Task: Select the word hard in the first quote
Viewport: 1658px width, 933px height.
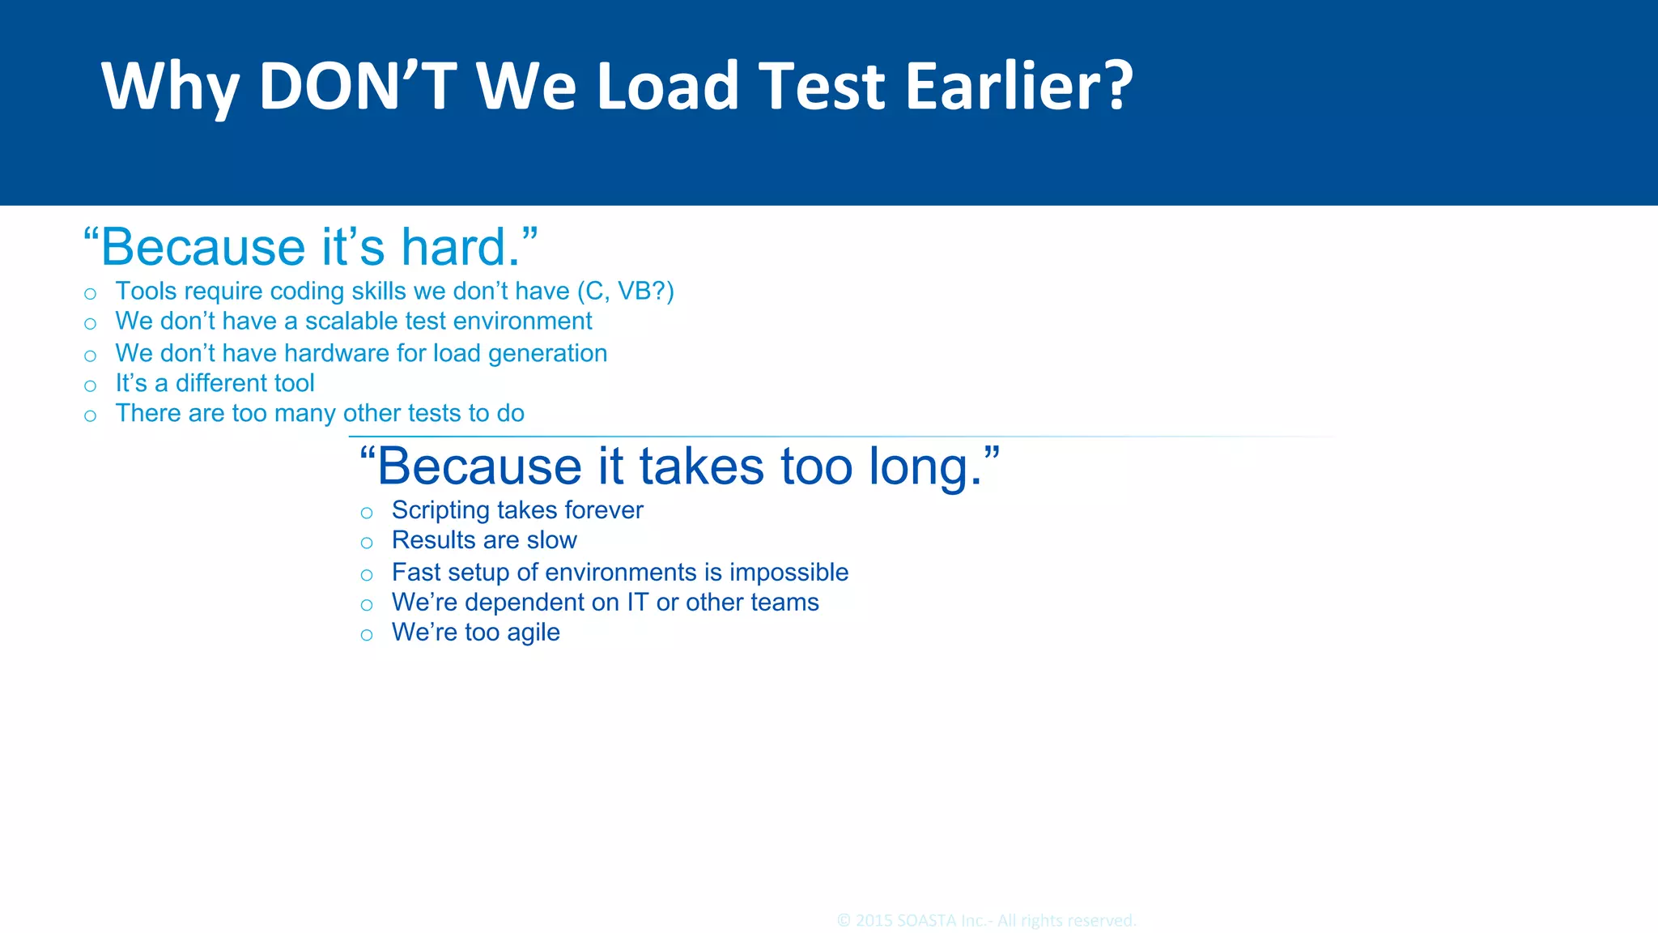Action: pos(459,247)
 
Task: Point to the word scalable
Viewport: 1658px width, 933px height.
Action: pos(351,322)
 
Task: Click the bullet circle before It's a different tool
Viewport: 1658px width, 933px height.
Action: pos(90,386)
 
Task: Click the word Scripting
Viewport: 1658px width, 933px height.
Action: pos(440,510)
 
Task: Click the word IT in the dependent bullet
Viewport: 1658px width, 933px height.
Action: pos(637,603)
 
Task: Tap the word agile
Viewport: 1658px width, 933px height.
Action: pos(533,633)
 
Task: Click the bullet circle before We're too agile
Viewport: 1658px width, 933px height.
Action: pos(367,635)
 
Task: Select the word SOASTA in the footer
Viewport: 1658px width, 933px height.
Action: pos(925,921)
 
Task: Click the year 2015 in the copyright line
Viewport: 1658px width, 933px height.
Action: pos(874,921)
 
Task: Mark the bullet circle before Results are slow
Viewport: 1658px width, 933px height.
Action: pos(367,543)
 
